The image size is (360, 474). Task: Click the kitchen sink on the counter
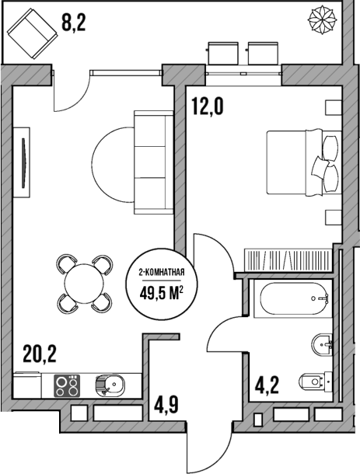pyautogui.click(x=109, y=384)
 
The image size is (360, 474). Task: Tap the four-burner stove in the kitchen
pyautogui.click(x=68, y=384)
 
